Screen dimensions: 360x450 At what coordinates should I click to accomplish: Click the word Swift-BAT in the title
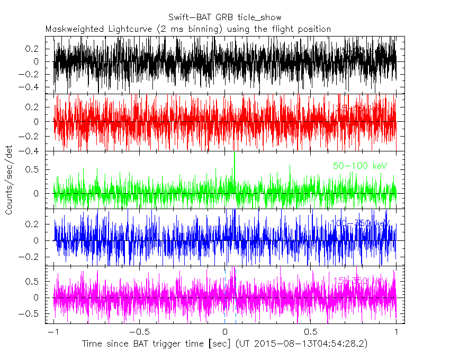tap(188, 17)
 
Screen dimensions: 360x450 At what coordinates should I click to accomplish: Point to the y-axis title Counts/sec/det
tap(9, 180)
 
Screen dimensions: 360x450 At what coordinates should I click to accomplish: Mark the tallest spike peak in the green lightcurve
tap(233, 153)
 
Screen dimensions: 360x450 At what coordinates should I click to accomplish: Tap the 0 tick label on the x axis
tap(225, 332)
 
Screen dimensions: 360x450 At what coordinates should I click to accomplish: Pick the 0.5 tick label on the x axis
tap(311, 332)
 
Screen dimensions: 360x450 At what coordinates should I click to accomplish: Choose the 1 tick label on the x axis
tap(397, 332)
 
